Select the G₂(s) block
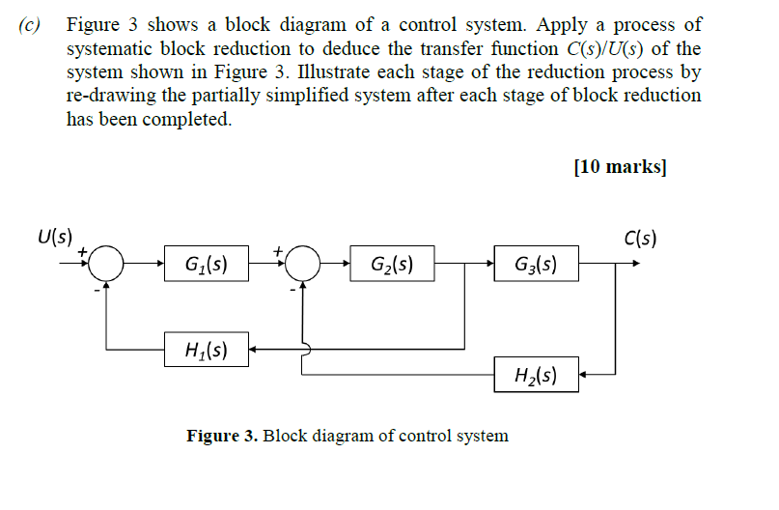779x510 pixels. tap(392, 263)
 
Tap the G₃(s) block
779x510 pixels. tap(536, 263)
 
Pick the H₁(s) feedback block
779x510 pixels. tap(207, 349)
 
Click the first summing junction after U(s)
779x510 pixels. tap(109, 262)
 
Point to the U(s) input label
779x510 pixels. tap(54, 235)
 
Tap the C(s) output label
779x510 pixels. tap(640, 238)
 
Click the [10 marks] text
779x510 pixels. tap(619, 166)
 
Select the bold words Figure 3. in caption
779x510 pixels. tap(222, 436)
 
